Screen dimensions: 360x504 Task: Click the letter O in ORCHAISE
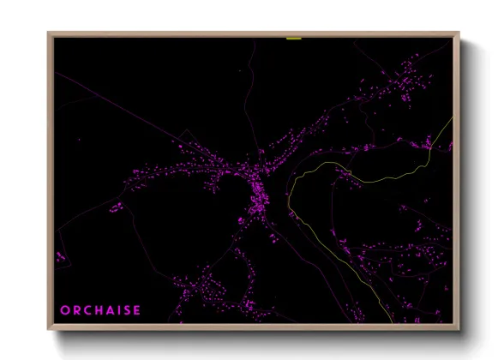pyautogui.click(x=65, y=309)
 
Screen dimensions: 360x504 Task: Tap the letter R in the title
pyautogui.click(x=77, y=309)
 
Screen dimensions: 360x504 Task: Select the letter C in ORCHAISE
pyautogui.click(x=88, y=309)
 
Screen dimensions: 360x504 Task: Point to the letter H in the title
pyautogui.click(x=100, y=309)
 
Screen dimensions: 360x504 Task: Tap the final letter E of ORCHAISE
pyautogui.click(x=138, y=309)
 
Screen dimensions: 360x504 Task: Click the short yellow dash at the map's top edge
pyautogui.click(x=294, y=39)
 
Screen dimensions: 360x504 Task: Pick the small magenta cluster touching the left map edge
pyautogui.click(x=60, y=255)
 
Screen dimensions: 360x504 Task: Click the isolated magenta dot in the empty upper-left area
pyautogui.click(x=77, y=139)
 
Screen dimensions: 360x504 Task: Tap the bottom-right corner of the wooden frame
pyautogui.click(x=457, y=327)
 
